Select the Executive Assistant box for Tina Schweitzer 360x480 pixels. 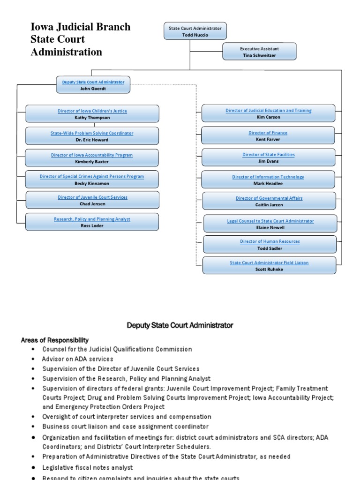click(x=259, y=52)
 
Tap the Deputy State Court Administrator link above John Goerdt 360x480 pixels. click(x=93, y=82)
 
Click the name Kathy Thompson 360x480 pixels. click(x=92, y=118)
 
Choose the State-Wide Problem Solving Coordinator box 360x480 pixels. click(x=92, y=136)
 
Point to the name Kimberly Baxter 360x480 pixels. click(x=92, y=162)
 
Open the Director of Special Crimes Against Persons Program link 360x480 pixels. click(x=92, y=176)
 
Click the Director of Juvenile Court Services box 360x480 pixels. click(x=92, y=200)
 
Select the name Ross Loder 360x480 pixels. click(x=92, y=225)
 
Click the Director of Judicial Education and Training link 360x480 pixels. click(x=268, y=111)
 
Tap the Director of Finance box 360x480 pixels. click(x=268, y=135)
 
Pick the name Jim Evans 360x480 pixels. click(x=268, y=161)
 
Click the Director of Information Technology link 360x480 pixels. click(x=268, y=177)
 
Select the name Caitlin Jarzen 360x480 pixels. click(x=269, y=205)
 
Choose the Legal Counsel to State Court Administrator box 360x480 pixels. click(x=270, y=224)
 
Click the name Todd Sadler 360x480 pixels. click(x=270, y=248)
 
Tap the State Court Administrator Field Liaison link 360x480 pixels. click(x=269, y=263)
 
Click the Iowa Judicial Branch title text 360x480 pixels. click(x=80, y=27)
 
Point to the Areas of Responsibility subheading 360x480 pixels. click(x=54, y=340)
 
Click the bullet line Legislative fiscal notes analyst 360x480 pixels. click(x=88, y=467)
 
